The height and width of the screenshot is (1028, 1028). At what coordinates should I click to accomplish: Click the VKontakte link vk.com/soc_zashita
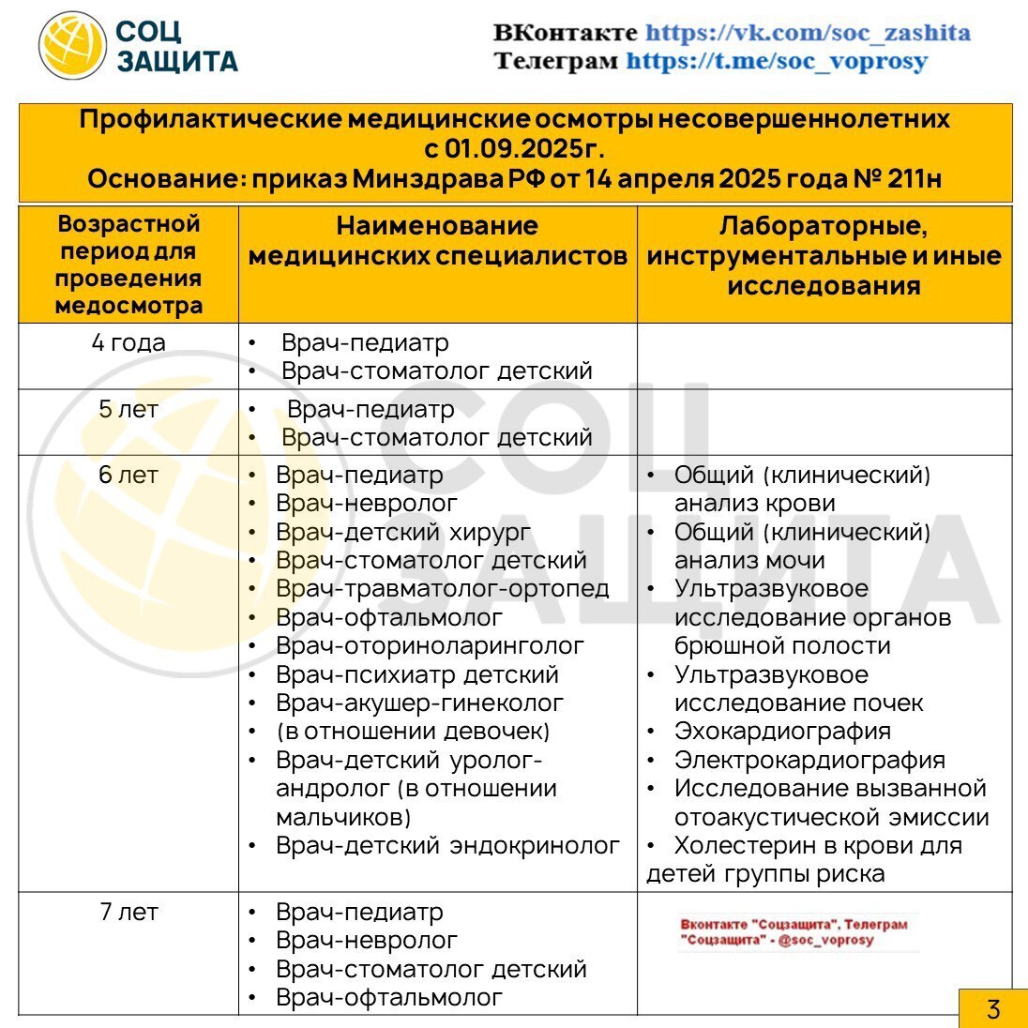click(x=808, y=33)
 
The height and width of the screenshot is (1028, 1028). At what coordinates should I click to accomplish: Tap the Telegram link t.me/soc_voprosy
click(x=777, y=62)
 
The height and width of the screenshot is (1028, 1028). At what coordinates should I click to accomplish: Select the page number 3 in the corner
click(x=992, y=1009)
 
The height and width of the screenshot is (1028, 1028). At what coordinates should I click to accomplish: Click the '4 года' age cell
click(x=128, y=342)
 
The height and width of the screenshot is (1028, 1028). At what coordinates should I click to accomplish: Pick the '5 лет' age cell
click(x=128, y=409)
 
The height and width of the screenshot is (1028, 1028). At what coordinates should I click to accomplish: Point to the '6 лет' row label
click(x=128, y=476)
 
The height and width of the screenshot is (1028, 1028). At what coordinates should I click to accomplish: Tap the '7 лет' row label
click(x=128, y=912)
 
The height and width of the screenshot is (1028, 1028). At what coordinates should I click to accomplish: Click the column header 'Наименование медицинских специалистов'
click(x=437, y=241)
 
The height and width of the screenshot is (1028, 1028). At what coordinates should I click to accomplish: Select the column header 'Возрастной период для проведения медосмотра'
click(x=128, y=265)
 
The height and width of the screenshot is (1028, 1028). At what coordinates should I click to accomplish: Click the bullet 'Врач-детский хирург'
click(x=403, y=533)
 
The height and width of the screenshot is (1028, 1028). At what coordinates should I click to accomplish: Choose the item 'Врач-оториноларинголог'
click(x=430, y=646)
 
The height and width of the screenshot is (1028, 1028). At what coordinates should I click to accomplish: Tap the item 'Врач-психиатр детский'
click(x=417, y=675)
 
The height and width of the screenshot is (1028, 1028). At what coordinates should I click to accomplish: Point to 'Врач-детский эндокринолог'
click(x=447, y=846)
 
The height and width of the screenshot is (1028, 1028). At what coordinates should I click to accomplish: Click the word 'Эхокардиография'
click(x=782, y=732)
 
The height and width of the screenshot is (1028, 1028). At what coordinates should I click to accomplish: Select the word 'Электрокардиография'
click(x=809, y=760)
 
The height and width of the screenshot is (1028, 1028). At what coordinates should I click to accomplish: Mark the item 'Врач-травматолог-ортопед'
click(x=442, y=589)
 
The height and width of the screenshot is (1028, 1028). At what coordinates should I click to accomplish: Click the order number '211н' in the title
click(x=914, y=178)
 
